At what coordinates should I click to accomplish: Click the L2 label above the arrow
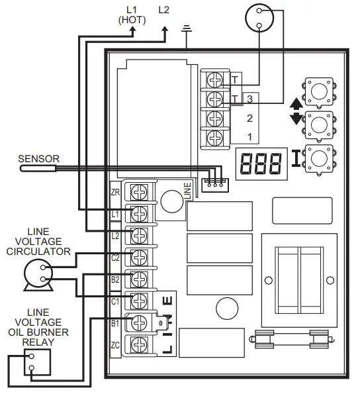pos(164,10)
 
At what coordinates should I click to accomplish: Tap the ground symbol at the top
pos(187,29)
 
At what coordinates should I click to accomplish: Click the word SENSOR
pos(38,159)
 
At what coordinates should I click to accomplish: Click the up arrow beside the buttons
pos(295,103)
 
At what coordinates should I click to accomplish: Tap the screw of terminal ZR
pos(140,192)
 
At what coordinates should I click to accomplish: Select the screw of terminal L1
pos(140,213)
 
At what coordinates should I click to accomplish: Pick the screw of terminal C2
pos(140,257)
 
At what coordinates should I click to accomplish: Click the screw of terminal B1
pos(140,322)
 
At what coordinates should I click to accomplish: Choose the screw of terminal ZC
pos(140,344)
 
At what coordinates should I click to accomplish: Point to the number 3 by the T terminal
pos(249,99)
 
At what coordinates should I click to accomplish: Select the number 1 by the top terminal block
pos(249,136)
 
